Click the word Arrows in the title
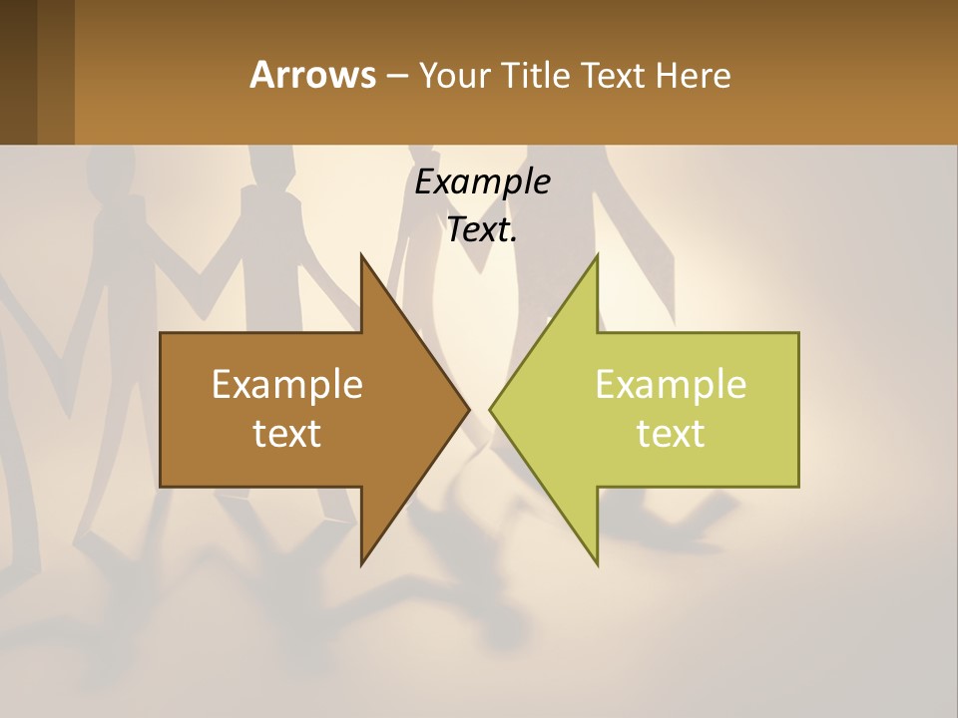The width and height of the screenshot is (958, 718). tap(311, 75)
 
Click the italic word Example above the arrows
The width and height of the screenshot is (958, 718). tap(482, 181)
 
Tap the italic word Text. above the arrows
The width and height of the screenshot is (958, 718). tap(482, 230)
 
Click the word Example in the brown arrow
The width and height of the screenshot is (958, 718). tap(287, 384)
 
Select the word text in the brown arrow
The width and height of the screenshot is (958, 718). tap(287, 433)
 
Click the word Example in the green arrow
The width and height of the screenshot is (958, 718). tap(671, 384)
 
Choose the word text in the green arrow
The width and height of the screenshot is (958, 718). tap(671, 433)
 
